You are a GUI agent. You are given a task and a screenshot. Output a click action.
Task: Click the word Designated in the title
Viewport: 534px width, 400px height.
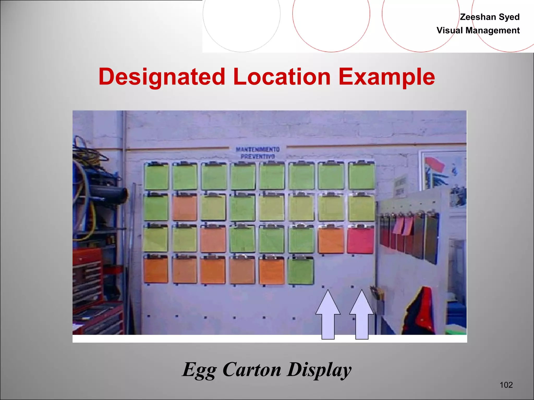(x=162, y=77)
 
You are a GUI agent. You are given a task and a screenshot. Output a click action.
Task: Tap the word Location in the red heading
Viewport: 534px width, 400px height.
(x=282, y=77)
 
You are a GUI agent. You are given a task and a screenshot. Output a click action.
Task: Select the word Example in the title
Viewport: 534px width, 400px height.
(x=387, y=77)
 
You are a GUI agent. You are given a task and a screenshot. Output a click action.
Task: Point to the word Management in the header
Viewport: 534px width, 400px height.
(x=493, y=30)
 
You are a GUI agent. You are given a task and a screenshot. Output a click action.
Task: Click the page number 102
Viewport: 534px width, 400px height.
(x=506, y=385)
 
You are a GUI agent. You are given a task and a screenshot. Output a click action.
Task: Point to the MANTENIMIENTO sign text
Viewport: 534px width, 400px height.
(x=258, y=149)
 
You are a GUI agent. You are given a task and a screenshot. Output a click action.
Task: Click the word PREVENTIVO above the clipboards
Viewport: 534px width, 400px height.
(x=258, y=157)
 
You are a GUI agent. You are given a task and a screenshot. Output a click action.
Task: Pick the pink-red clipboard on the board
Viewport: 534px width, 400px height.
(x=361, y=240)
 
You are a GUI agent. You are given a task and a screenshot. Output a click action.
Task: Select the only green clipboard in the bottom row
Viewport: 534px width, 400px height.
(x=301, y=271)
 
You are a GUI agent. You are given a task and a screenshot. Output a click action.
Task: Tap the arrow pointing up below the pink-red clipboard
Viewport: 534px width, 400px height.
(x=362, y=315)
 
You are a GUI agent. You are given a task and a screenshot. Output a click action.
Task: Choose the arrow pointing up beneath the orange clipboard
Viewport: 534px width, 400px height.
(x=328, y=315)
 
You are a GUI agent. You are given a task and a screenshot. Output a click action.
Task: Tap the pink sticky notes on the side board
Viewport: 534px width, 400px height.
(x=403, y=225)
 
